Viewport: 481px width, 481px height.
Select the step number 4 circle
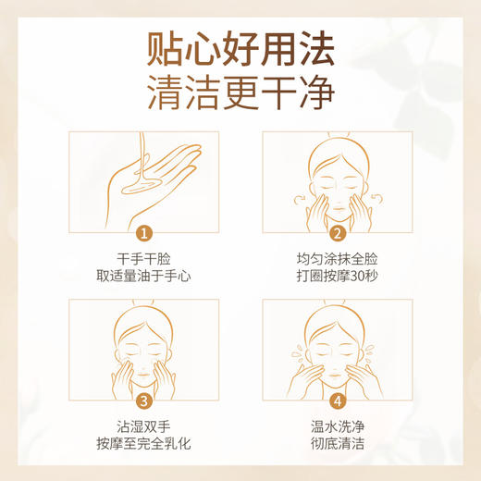338,401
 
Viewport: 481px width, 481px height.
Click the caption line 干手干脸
143,260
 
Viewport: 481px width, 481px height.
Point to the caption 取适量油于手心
143,277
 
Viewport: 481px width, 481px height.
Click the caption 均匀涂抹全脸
338,260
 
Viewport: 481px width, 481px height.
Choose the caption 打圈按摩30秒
338,277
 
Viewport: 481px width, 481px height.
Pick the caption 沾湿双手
143,427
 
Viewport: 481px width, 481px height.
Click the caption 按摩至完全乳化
143,444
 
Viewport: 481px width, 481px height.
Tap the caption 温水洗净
338,427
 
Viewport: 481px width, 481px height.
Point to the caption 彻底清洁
338,444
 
